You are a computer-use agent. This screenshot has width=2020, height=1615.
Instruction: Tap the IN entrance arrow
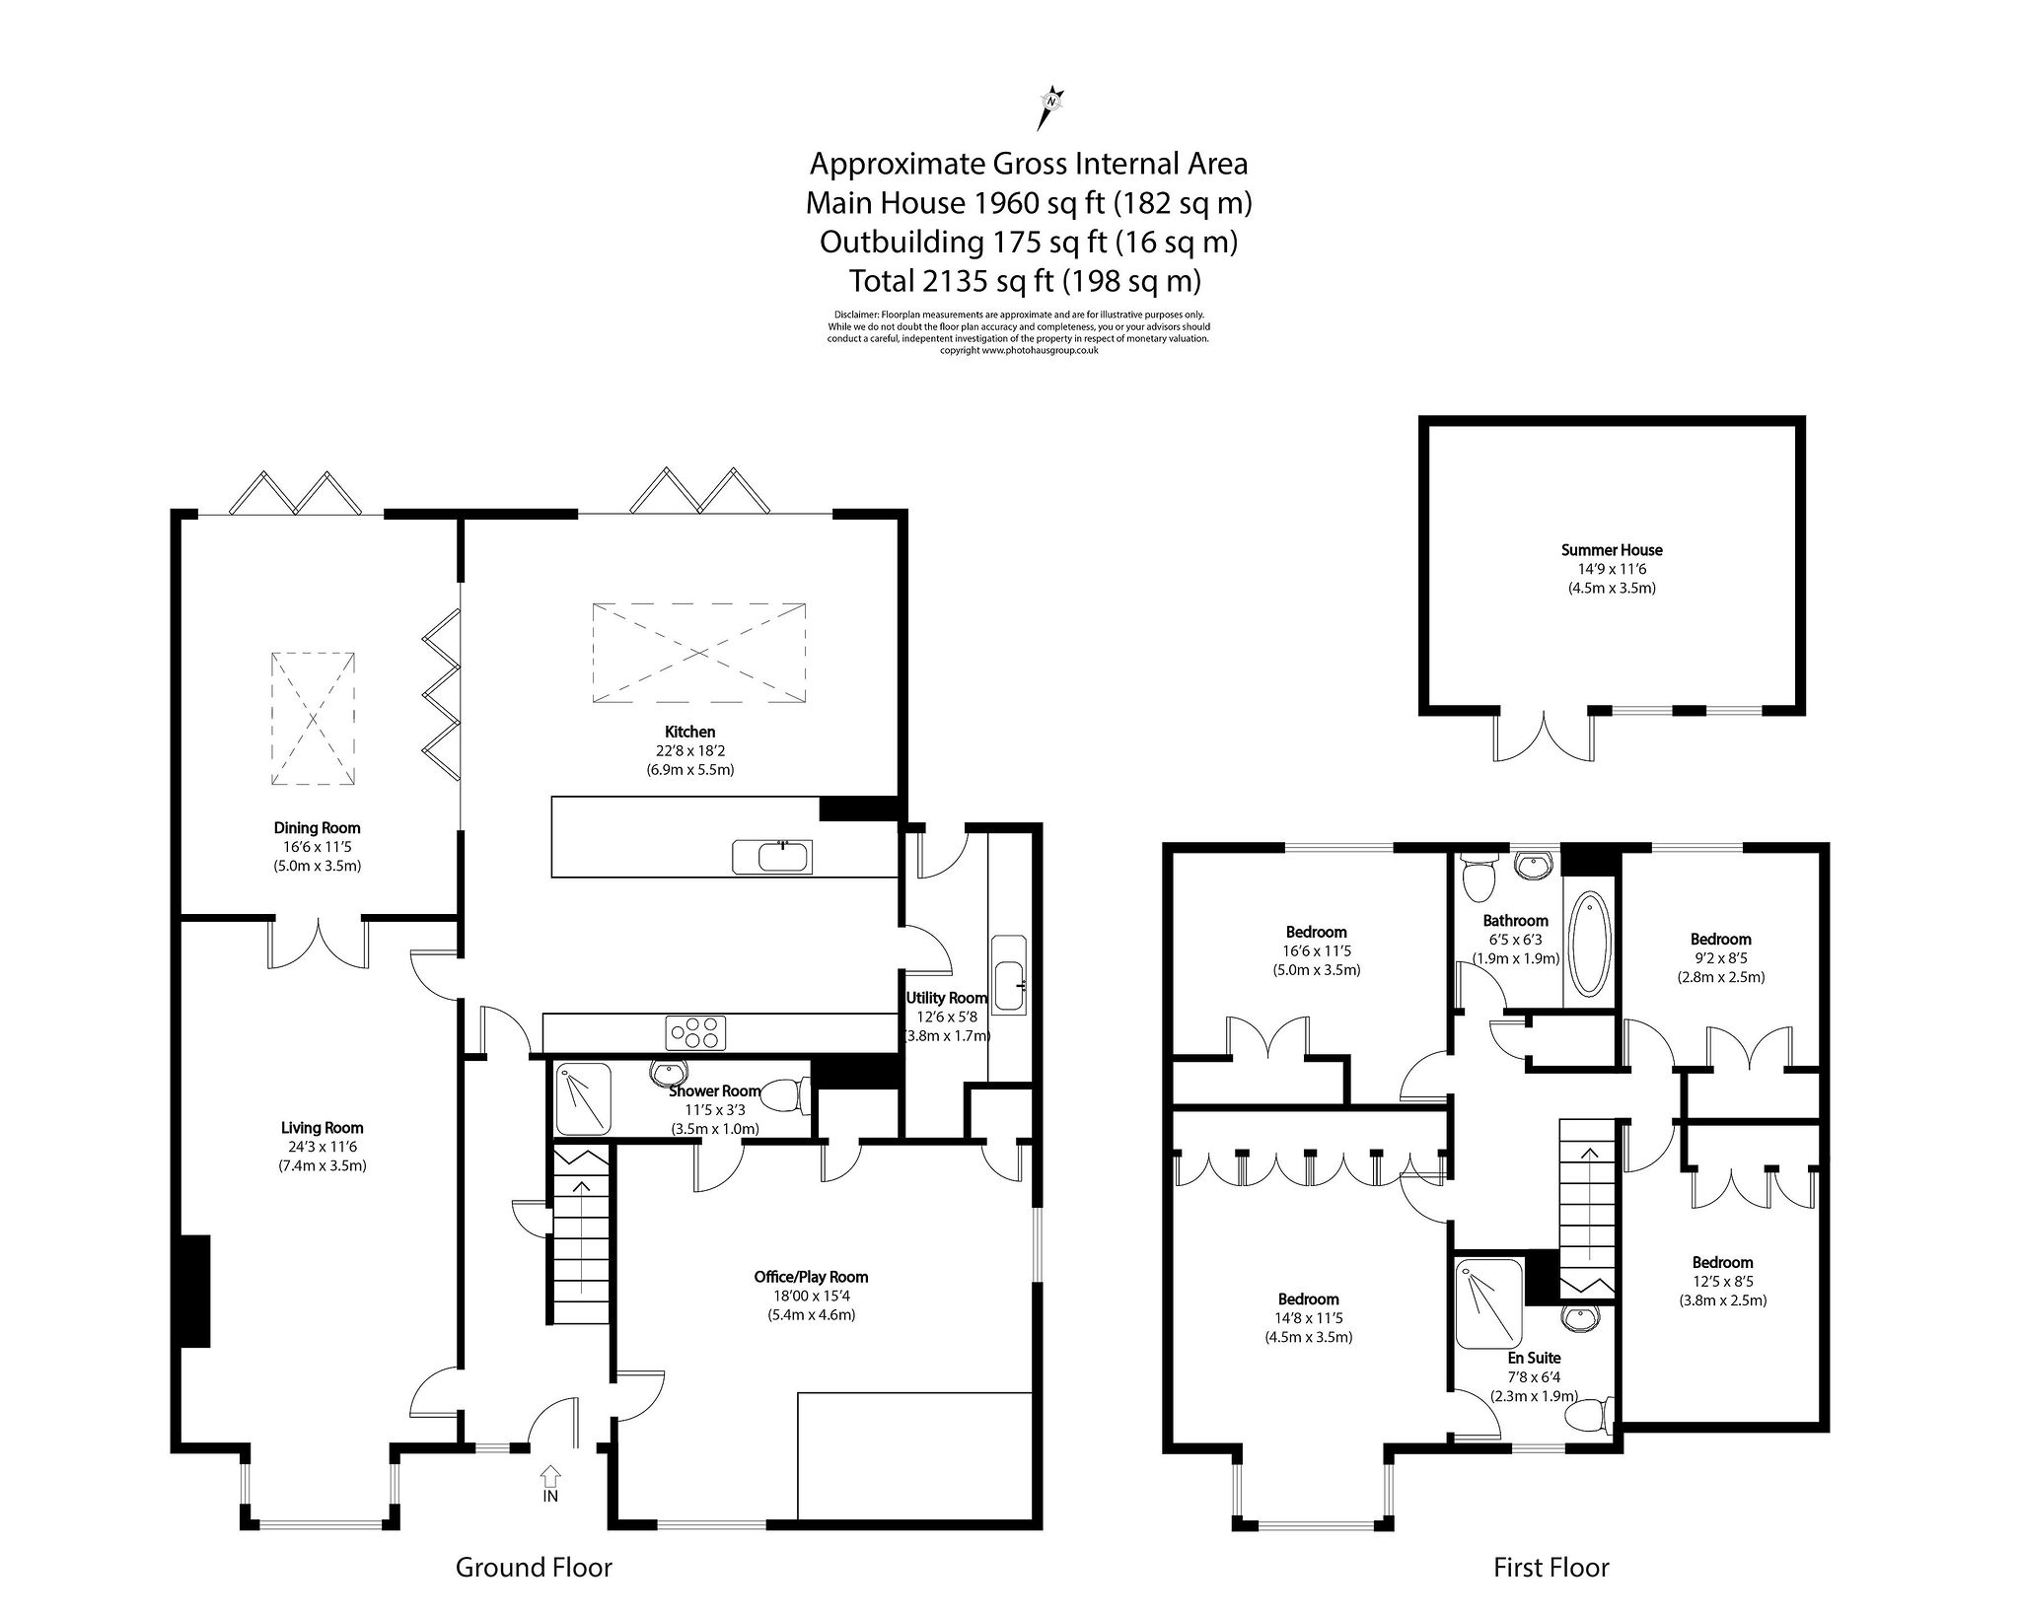tap(550, 1477)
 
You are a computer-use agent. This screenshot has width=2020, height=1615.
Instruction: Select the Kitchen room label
tap(689, 732)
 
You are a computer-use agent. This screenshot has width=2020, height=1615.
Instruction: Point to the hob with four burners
tap(696, 1032)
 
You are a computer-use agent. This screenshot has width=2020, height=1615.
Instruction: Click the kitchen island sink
tap(773, 857)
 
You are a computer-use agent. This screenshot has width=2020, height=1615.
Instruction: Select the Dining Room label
tap(317, 828)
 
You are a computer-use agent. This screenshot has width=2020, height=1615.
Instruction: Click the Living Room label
tap(322, 1128)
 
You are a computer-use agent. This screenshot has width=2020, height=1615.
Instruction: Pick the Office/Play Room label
tap(811, 1277)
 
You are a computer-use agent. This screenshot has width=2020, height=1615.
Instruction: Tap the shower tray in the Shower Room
tap(584, 1098)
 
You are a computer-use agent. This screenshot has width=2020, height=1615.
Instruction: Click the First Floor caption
tap(1551, 1568)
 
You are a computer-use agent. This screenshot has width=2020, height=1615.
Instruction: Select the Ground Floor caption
tap(534, 1568)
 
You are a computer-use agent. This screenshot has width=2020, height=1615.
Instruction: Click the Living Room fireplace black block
tap(193, 1291)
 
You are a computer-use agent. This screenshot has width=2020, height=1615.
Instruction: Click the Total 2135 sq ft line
tap(1026, 281)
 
